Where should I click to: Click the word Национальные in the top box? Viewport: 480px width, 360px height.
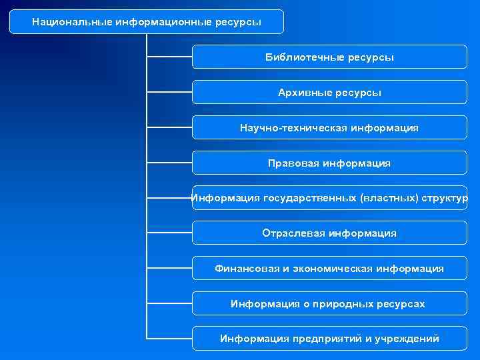click(x=71, y=22)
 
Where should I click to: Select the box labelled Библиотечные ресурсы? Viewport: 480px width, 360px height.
click(x=329, y=57)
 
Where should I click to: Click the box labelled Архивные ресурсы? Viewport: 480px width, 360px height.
click(x=329, y=92)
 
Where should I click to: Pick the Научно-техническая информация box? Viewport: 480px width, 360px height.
click(x=329, y=127)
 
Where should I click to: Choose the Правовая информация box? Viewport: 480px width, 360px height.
click(x=329, y=163)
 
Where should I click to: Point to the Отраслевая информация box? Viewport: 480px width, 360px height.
click(x=329, y=233)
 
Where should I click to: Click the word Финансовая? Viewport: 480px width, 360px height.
click(x=247, y=268)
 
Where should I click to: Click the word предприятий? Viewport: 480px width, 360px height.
click(x=323, y=339)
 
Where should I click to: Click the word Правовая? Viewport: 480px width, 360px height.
click(x=293, y=163)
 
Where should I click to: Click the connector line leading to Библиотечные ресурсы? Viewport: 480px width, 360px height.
click(x=169, y=57)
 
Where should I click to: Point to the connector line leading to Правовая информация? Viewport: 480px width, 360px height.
click(x=169, y=163)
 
